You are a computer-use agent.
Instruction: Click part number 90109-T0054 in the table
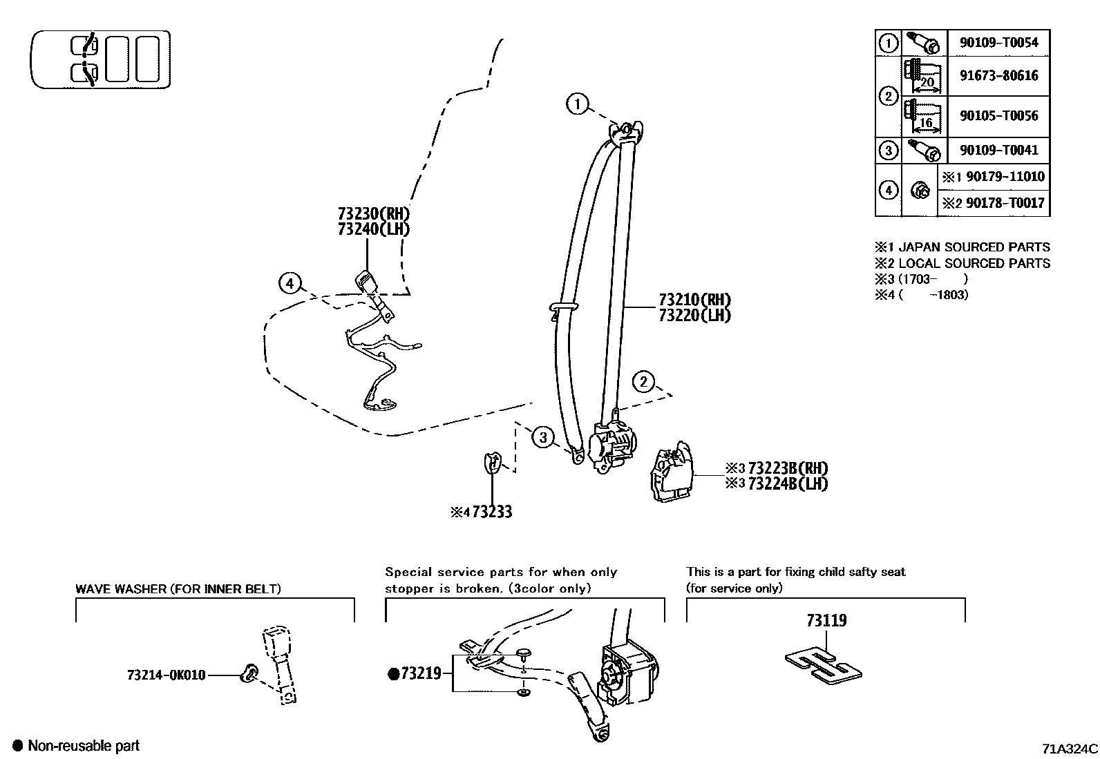coord(998,42)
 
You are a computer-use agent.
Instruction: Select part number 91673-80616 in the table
coord(998,75)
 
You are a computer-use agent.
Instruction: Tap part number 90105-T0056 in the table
coord(998,115)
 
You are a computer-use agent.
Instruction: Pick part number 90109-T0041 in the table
coord(998,150)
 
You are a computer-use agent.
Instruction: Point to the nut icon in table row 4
coord(919,190)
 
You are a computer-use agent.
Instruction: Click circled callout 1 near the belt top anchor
coord(577,105)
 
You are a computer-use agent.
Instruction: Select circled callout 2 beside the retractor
coord(643,381)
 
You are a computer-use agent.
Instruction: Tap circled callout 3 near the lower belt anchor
coord(544,437)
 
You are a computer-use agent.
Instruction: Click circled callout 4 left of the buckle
coord(290,283)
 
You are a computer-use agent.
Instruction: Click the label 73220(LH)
coord(694,316)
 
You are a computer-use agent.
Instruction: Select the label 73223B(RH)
coord(787,468)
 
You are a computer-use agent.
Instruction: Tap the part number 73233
coord(492,512)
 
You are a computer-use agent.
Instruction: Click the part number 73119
coord(826,620)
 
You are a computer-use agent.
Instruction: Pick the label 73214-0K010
coord(166,675)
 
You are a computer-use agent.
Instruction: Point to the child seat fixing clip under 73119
coord(823,666)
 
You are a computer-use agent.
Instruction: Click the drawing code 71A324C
coord(1070,749)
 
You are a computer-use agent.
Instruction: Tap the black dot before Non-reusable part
coord(18,746)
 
